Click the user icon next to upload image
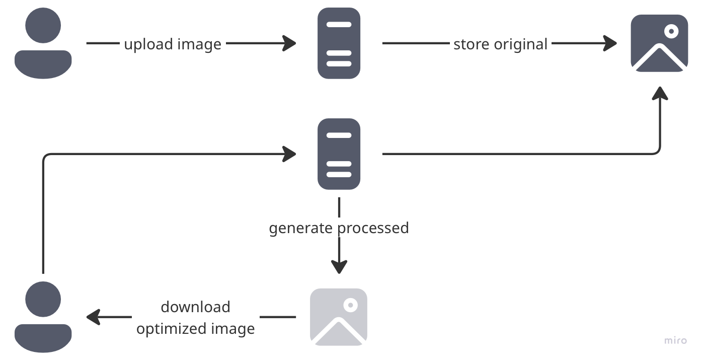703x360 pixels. click(43, 43)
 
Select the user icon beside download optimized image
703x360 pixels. click(43, 317)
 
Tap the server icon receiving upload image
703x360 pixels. click(339, 43)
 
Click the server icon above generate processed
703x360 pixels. click(339, 154)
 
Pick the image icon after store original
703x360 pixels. click(659, 43)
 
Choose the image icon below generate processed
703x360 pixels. click(339, 317)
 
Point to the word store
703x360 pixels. click(472, 44)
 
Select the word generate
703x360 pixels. click(301, 228)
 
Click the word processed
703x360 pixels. click(373, 228)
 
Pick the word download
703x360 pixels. click(195, 307)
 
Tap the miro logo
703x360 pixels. click(675, 340)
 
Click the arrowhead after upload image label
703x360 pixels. click(290, 43)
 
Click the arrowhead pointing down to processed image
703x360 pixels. click(339, 267)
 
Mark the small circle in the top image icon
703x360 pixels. click(671, 31)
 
